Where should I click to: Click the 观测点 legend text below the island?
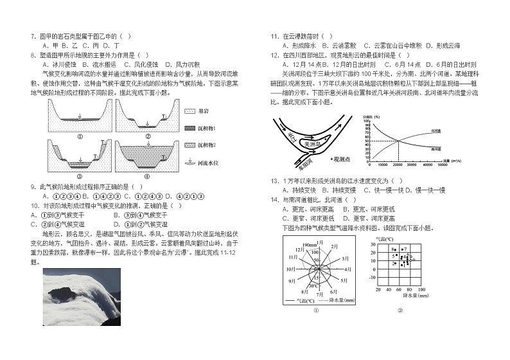pyautogui.click(x=342, y=157)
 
